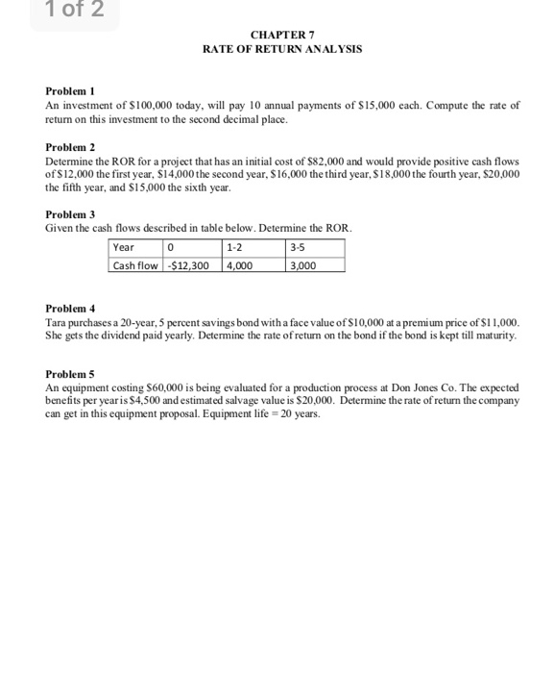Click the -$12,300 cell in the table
pyautogui.click(x=192, y=263)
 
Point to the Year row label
pyautogui.click(x=125, y=247)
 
